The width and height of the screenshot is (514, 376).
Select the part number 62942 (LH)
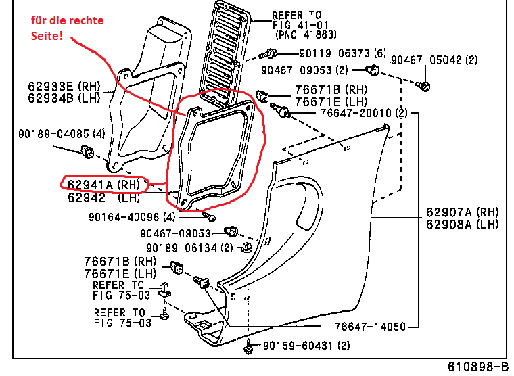coord(103,198)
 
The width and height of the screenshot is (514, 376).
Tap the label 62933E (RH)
coord(64,86)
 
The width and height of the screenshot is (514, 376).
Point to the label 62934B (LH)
coord(64,99)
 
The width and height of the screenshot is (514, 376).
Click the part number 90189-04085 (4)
coord(62,133)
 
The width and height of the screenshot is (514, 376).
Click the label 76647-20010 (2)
coord(364,113)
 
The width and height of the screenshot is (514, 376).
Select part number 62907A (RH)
coord(462,211)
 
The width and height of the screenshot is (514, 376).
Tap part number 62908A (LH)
coord(462,224)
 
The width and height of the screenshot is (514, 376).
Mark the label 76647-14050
coord(363,327)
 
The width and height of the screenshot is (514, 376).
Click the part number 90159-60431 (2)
coord(306,346)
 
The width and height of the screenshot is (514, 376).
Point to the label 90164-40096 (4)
coord(131,217)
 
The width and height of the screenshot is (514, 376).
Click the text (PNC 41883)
coord(306,33)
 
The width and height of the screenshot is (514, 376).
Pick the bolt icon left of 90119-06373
coord(271,53)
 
